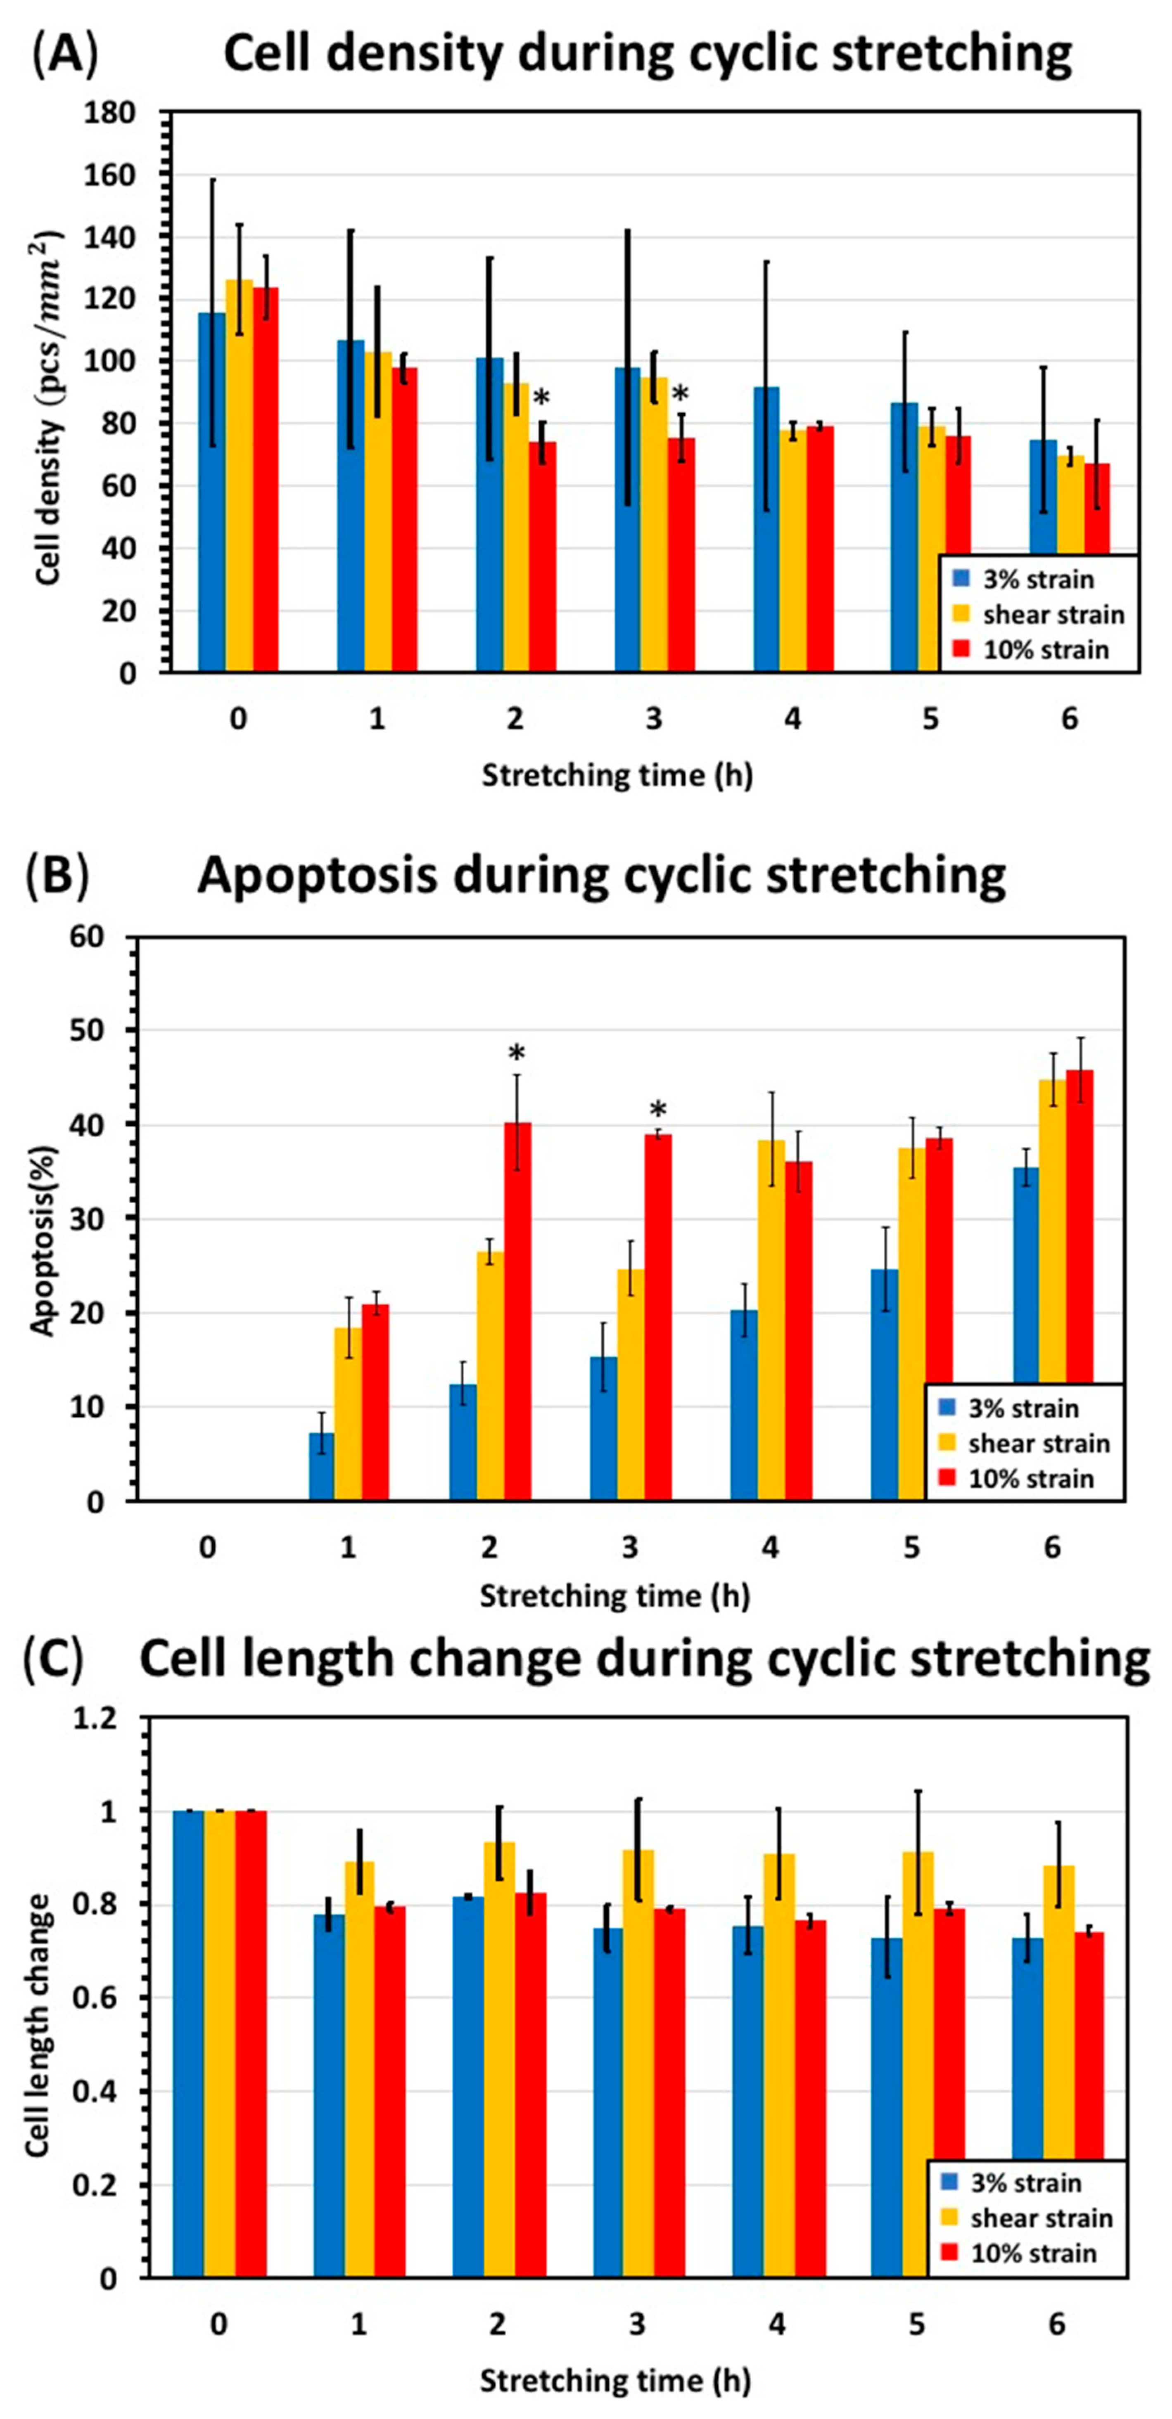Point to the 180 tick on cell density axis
[114, 113]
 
